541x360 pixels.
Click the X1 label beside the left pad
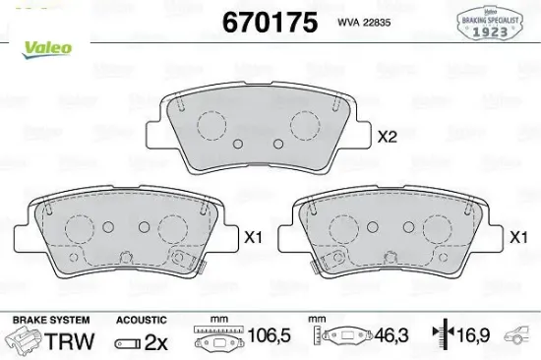[254, 237]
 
